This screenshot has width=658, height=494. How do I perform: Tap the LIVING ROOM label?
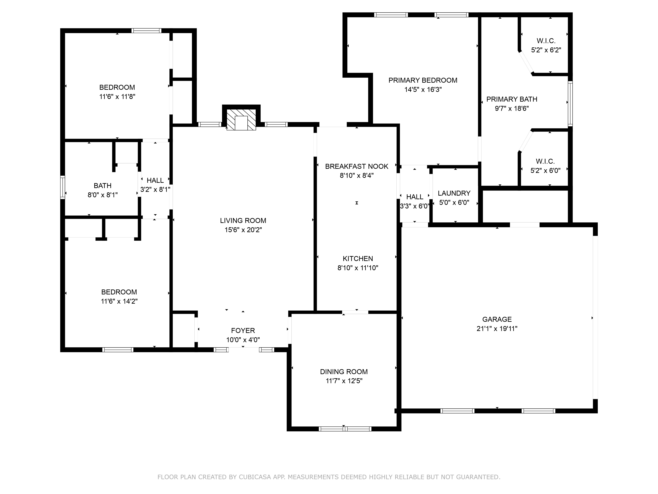tap(243, 221)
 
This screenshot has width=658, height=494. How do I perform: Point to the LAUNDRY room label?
tap(454, 193)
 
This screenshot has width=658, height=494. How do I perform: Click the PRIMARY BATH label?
tap(512, 99)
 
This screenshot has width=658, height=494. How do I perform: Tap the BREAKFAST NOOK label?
tap(357, 166)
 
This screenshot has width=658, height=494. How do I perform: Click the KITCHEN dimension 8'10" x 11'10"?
tap(358, 268)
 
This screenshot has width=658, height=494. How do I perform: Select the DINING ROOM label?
tap(344, 372)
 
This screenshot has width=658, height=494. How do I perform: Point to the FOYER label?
tap(243, 330)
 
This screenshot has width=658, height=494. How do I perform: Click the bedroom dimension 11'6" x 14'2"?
tap(119, 301)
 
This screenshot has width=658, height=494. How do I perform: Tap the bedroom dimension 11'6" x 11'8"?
tap(117, 96)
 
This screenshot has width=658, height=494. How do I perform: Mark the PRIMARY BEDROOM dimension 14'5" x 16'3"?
tap(423, 89)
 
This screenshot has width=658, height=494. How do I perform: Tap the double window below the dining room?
tap(345, 429)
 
